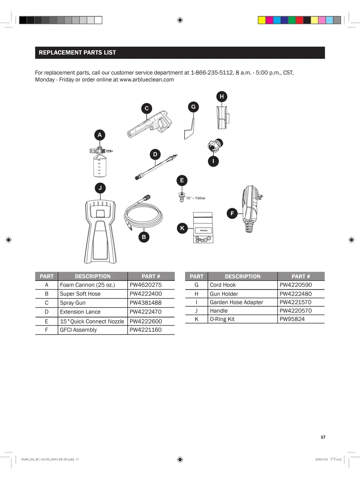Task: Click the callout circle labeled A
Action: coord(100,135)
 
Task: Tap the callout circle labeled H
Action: coord(222,97)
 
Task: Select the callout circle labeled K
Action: coord(182,228)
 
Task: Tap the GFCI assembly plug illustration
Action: coord(250,208)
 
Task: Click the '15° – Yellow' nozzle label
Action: coord(195,198)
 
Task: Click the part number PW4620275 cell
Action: coord(146,285)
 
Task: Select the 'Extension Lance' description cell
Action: coord(80,312)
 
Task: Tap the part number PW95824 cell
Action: coord(292,319)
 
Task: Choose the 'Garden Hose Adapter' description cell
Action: coord(236,302)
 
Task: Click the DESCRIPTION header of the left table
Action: coord(93,277)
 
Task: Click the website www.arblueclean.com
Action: coord(147,79)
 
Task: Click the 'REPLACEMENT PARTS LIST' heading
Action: coord(77,52)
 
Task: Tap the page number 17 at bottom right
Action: coord(323,437)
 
